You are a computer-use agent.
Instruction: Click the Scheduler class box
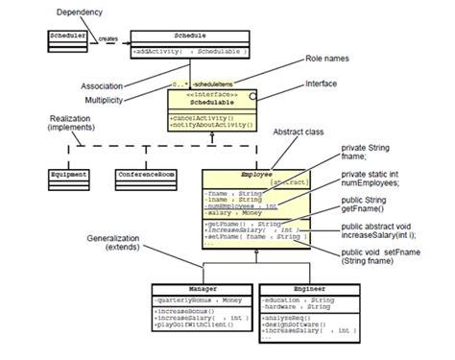click(x=68, y=37)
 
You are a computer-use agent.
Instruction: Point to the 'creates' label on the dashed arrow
click(x=108, y=39)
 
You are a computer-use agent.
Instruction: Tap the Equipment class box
click(x=68, y=176)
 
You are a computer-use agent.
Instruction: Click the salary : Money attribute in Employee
click(x=234, y=211)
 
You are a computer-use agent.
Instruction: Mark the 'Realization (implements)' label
click(x=70, y=121)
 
